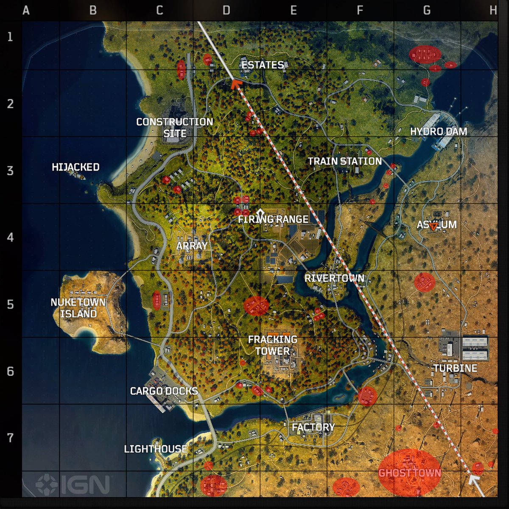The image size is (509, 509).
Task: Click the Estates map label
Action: (x=263, y=65)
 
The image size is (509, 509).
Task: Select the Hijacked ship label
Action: (x=76, y=167)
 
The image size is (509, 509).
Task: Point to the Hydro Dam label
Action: (x=438, y=131)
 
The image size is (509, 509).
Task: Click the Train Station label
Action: (x=344, y=161)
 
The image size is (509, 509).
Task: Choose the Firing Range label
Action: (x=273, y=219)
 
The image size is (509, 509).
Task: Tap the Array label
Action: (x=192, y=246)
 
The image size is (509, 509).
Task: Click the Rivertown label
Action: (x=334, y=278)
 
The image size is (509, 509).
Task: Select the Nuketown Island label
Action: (x=78, y=308)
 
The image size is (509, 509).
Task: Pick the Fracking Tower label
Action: (x=272, y=345)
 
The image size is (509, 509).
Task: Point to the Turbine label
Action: (x=455, y=368)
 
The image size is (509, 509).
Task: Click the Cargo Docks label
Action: (x=164, y=391)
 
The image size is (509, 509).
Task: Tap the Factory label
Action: (x=313, y=427)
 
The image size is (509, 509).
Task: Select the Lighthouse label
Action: (x=155, y=449)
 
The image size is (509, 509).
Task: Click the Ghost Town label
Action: (x=409, y=473)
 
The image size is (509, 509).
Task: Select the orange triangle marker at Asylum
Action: (x=432, y=227)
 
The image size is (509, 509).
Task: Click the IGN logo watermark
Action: (x=73, y=485)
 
